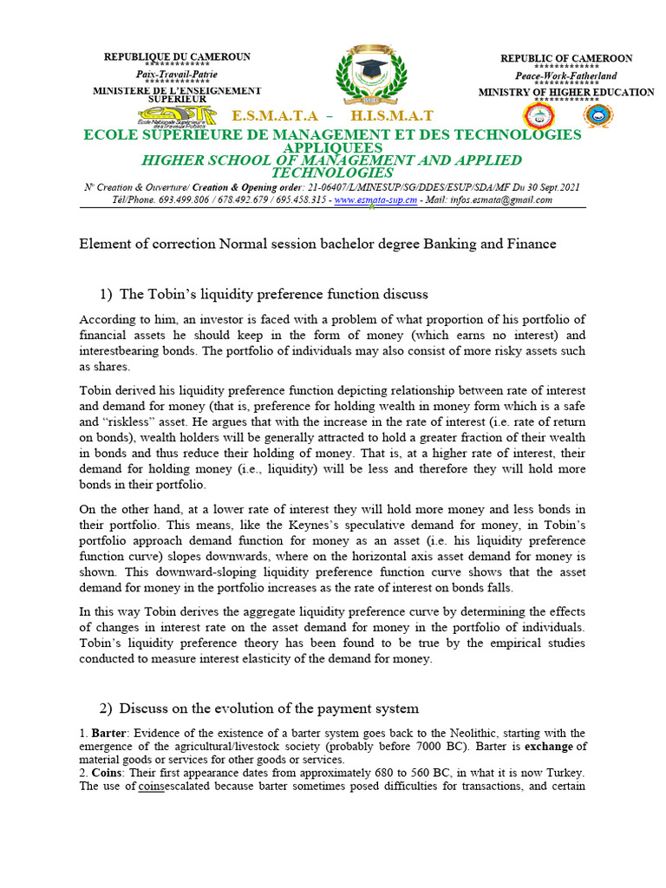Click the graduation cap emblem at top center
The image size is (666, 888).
369,75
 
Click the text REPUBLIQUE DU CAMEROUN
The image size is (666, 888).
177,56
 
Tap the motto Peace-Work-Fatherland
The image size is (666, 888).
566,76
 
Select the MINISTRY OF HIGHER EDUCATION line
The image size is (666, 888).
566,92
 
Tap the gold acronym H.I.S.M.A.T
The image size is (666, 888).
392,116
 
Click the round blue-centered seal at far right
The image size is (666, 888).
597,115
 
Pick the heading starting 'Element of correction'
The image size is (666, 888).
317,245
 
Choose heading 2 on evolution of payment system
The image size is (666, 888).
260,708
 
